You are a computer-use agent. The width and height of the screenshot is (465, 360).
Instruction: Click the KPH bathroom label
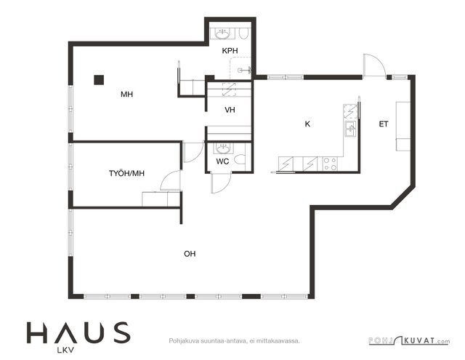point(230,51)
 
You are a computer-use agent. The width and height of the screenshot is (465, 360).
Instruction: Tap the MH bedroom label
point(126,95)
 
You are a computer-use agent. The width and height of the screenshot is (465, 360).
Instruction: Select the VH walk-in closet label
point(230,110)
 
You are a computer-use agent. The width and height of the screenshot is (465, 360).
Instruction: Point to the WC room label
point(222,161)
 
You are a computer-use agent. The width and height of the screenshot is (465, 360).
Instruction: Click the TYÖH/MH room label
point(126,173)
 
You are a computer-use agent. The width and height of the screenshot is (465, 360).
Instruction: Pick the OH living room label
point(190,254)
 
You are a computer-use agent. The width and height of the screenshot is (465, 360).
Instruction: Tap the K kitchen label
point(307,124)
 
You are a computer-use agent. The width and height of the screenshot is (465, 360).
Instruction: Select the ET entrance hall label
point(384,124)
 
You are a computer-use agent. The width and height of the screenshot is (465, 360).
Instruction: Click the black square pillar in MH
point(99,80)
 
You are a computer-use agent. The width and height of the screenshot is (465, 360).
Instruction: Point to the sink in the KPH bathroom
point(222,34)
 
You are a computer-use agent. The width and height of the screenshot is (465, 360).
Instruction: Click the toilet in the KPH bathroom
point(243,33)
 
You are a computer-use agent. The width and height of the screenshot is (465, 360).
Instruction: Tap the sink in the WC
point(222,148)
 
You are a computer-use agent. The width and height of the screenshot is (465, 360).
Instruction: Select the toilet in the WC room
point(240,159)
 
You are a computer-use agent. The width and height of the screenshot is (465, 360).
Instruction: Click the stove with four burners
point(330,164)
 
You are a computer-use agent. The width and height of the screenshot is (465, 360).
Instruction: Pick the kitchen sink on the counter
point(350,129)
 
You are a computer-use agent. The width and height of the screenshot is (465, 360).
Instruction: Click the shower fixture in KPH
point(245,70)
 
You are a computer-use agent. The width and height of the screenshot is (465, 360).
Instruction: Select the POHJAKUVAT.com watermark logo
point(409,340)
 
